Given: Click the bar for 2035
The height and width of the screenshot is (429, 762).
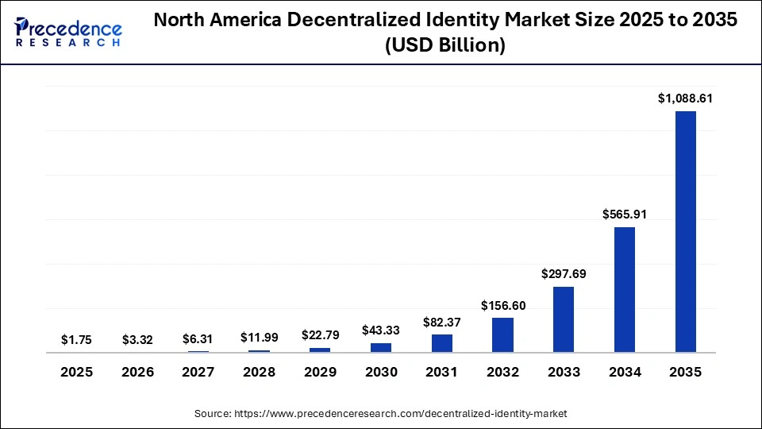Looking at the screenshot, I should tap(685, 231).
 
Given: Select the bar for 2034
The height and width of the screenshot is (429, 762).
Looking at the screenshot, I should tap(625, 289).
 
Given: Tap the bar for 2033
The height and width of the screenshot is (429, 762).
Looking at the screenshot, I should tap(564, 319).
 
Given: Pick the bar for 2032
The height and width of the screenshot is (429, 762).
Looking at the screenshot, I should tap(502, 334).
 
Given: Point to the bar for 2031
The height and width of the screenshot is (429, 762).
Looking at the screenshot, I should tap(442, 343).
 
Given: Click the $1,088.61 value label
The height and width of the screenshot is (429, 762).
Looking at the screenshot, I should tap(685, 99).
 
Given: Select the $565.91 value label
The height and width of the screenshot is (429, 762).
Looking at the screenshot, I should tap(625, 214).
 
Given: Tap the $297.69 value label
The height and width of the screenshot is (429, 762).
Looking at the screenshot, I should tap(564, 274).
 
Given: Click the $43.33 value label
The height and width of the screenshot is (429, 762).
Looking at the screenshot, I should tap(381, 330).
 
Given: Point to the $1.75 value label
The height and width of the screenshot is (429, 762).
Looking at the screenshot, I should tap(76, 339).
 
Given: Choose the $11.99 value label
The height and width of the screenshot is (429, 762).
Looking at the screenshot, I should tap(260, 337).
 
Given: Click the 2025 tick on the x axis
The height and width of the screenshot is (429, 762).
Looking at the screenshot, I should tap(76, 372).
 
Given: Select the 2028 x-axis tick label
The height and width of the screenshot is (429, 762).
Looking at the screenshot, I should tap(260, 372).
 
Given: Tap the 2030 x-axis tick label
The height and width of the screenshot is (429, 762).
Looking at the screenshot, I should tap(381, 372).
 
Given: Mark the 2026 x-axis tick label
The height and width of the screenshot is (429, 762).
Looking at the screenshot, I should tap(137, 372).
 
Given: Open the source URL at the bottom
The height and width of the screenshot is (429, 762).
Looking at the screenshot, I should tap(381, 413).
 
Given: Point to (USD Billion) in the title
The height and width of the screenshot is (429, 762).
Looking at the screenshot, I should tap(444, 46).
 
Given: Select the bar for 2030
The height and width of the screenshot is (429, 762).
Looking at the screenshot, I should tap(381, 347).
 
